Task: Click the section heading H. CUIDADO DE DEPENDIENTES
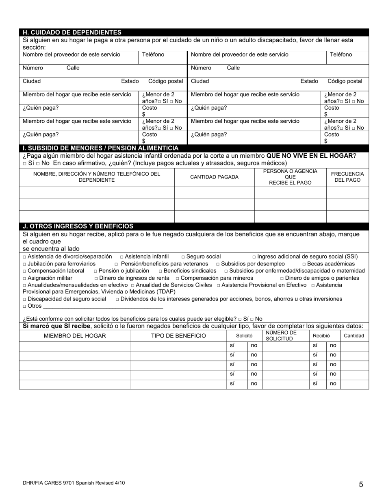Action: click(72, 33)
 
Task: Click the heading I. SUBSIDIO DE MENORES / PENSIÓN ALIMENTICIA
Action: click(100, 148)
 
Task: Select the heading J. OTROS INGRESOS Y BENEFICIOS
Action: click(78, 226)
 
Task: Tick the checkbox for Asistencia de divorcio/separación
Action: click(24, 257)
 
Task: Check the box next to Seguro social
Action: click(183, 257)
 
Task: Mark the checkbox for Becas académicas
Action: click(304, 264)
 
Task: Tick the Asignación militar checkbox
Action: click(24, 278)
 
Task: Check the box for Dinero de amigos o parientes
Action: click(282, 278)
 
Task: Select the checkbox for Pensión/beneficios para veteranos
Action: click(116, 264)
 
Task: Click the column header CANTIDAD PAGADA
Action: click(214, 177)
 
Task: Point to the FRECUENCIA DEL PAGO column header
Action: click(347, 177)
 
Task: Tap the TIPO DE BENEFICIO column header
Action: click(178, 336)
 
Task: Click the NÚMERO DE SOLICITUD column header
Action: click(279, 336)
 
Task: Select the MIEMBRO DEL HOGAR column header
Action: click(75, 336)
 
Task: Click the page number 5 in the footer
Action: click(361, 484)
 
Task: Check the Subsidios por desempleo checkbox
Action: click(218, 264)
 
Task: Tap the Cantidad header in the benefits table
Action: click(354, 336)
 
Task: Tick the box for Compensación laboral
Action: click(24, 271)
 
